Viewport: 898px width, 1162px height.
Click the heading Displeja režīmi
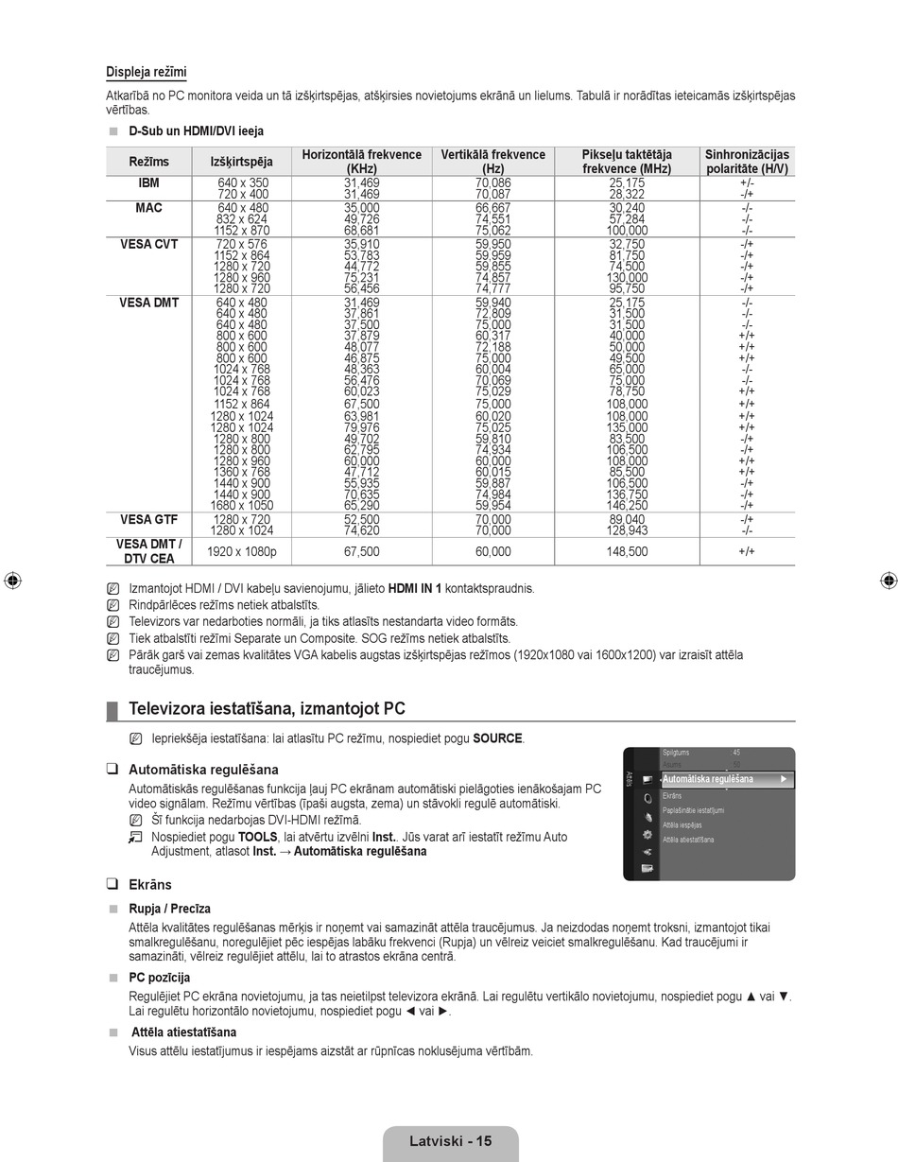[146, 73]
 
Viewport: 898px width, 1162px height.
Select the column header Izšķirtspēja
[241, 162]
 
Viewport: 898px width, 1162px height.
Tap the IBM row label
[148, 182]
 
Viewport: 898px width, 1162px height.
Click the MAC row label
[148, 207]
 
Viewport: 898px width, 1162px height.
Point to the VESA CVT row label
[148, 244]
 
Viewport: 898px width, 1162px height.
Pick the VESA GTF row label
[148, 519]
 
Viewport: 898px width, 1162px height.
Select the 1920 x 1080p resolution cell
[241, 551]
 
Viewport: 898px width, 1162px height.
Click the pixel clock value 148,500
[627, 551]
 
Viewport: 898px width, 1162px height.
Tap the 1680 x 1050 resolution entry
[241, 506]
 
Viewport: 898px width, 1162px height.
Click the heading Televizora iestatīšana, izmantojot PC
[267, 709]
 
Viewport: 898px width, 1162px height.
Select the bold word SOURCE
[498, 738]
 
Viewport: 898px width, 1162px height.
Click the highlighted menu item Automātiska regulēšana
[709, 779]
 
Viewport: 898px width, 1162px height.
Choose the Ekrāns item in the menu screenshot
[672, 796]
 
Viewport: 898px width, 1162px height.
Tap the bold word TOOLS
[257, 837]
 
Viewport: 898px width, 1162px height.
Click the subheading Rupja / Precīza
[170, 909]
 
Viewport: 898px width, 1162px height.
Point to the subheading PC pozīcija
[160, 978]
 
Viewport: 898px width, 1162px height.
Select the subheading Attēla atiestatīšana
[183, 1032]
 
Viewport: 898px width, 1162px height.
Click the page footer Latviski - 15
[450, 1141]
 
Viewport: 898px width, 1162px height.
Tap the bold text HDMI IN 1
[414, 588]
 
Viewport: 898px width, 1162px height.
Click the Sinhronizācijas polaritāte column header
[747, 162]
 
